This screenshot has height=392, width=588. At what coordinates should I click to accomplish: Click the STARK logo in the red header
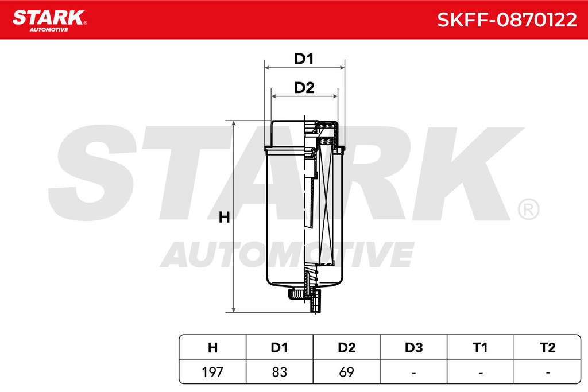point(49,21)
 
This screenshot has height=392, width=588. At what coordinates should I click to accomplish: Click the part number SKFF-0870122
point(507,20)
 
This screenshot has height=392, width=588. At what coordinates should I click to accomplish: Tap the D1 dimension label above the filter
point(304,59)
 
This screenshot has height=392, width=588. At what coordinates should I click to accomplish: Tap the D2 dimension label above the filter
point(304,88)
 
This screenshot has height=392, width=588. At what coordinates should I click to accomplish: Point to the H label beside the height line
point(225,218)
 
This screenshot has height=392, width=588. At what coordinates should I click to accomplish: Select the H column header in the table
point(212,348)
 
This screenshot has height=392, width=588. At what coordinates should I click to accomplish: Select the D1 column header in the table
point(280,348)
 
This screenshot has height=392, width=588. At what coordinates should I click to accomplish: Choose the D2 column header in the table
point(346,348)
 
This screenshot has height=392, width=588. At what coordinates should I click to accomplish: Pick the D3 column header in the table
point(413,348)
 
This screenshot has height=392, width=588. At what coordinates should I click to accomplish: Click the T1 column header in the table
point(481,348)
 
